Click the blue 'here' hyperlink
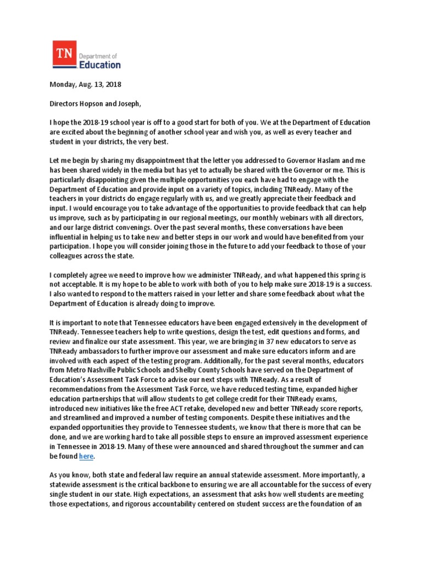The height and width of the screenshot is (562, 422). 86,456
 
